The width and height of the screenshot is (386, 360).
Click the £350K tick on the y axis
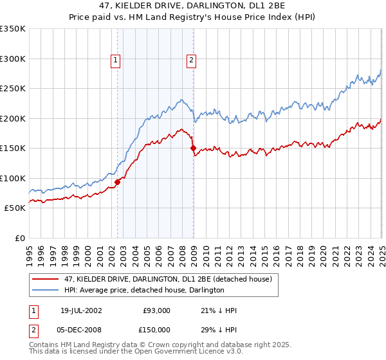point(13,29)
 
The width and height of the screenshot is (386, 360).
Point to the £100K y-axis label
point(13,178)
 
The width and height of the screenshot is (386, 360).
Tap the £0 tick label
point(19,238)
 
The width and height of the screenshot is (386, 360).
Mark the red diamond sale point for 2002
point(118,182)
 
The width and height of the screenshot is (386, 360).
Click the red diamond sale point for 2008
point(193,148)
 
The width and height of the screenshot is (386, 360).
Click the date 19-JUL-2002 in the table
point(80,311)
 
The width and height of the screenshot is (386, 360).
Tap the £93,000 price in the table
point(157,311)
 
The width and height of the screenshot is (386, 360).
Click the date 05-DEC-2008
point(80,329)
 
